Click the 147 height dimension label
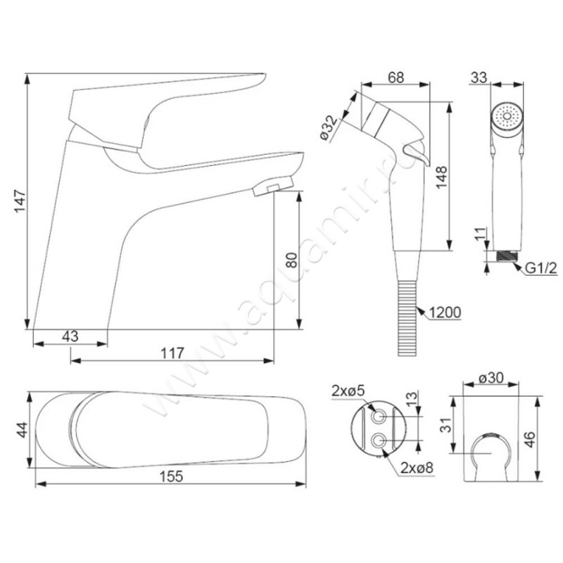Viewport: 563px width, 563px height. [20, 201]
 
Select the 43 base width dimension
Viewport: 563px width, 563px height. [70, 336]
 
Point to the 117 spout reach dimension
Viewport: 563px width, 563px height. [172, 353]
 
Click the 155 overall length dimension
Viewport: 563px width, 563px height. [171, 476]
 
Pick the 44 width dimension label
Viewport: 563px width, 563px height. [23, 429]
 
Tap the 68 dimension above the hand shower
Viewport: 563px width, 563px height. [396, 77]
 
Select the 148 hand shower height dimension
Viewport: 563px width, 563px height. [441, 177]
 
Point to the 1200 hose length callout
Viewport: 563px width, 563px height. [445, 312]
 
